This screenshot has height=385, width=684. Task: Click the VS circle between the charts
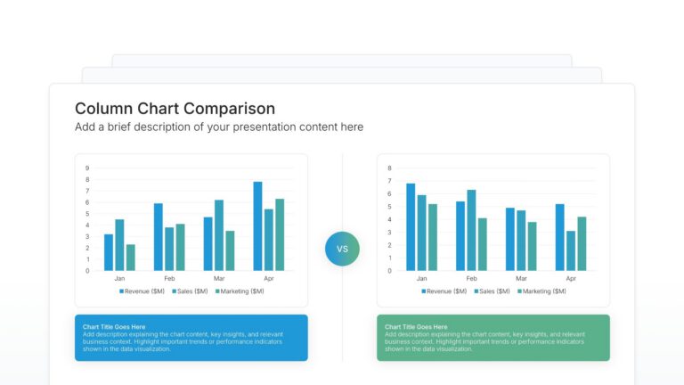[342, 249]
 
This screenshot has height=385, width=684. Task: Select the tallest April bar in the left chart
[257, 226]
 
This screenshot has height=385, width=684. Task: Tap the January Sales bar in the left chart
[119, 245]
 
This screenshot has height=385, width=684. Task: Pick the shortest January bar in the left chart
[130, 257]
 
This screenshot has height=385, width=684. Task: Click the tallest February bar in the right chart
[471, 230]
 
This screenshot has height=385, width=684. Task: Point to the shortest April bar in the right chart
[571, 250]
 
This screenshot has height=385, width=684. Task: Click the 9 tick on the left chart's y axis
[87, 168]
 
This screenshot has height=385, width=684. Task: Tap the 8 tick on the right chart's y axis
[390, 168]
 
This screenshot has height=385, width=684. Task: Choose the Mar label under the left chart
[219, 279]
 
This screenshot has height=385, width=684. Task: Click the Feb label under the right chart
[471, 279]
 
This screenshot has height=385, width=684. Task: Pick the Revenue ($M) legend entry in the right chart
[446, 291]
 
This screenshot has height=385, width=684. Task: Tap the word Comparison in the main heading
[230, 109]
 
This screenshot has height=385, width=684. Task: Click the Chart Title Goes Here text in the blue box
[114, 327]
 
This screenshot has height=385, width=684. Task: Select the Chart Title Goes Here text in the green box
[416, 327]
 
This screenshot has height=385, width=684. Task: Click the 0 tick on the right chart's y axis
[390, 271]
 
